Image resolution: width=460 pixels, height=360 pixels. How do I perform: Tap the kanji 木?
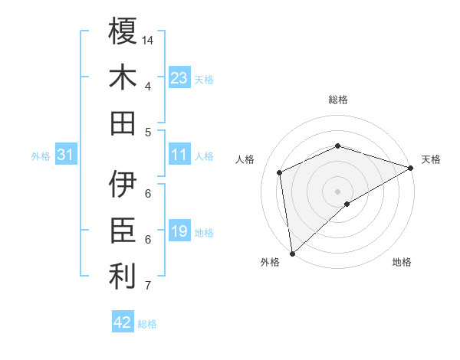tap(123, 78)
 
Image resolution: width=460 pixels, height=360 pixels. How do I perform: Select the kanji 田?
tap(123, 123)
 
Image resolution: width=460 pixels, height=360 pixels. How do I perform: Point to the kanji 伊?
tap(123, 184)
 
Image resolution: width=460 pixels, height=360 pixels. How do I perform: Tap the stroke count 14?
tap(149, 40)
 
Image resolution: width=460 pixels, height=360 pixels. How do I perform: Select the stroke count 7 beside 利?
tap(148, 286)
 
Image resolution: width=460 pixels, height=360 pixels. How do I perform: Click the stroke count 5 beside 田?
tap(148, 132)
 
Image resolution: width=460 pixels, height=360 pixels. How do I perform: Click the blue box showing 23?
tap(179, 78)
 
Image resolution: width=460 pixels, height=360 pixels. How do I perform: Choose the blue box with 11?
tap(179, 155)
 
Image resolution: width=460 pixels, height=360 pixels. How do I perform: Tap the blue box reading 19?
tap(179, 231)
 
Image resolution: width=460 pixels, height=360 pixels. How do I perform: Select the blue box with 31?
tap(66, 155)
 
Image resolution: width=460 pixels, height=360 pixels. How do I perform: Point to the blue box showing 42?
tap(123, 322)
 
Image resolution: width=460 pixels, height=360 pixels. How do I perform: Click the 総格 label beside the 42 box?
tap(148, 324)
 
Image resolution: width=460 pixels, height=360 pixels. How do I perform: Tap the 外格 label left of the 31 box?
tap(41, 156)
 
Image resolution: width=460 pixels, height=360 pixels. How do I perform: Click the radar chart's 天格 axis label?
tap(431, 159)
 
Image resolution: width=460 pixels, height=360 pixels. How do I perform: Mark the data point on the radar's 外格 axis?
tap(292, 254)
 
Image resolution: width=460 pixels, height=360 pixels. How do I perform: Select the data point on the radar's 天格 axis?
tap(411, 169)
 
